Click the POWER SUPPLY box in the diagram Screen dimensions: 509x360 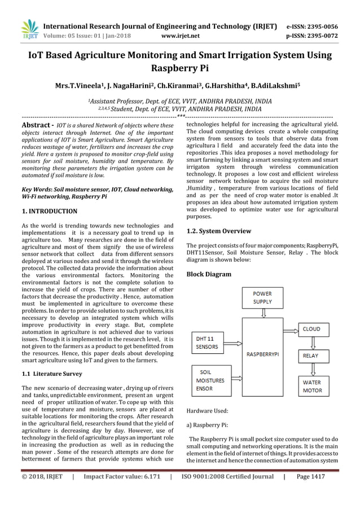tap(262, 298)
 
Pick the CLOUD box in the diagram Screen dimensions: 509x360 tap(312, 329)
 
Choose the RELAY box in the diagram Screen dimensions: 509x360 tap(311, 356)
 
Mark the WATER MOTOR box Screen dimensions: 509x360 tap(312, 387)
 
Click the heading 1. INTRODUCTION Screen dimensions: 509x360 tap(49, 212)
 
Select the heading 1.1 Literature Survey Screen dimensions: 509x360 tap(51, 374)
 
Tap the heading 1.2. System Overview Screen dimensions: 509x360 tap(218, 231)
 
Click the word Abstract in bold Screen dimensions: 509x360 tap(37, 125)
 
